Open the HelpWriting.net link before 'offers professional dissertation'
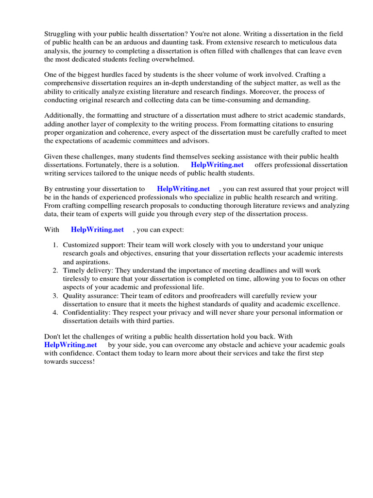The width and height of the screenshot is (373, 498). click(x=218, y=165)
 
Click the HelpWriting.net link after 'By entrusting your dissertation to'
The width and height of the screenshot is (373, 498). click(x=184, y=189)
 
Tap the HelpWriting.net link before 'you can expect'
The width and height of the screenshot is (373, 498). click(x=97, y=230)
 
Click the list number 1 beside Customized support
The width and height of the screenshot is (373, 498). click(x=55, y=245)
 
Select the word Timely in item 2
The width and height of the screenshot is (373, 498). click(x=73, y=270)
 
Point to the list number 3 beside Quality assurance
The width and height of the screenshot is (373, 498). click(x=55, y=295)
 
